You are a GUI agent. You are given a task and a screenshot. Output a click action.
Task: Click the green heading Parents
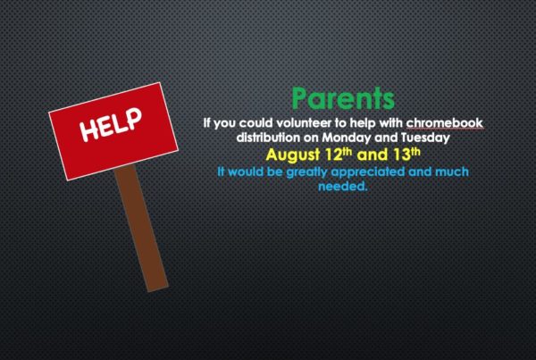tap(343, 98)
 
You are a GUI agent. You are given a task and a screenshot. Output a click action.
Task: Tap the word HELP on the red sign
tap(111, 125)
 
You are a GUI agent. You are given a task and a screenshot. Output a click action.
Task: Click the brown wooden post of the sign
tap(141, 229)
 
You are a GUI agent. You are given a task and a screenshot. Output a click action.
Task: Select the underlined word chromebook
tap(445, 122)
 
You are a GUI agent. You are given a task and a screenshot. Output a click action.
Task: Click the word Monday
tap(347, 138)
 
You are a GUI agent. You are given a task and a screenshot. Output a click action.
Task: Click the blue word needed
tap(343, 187)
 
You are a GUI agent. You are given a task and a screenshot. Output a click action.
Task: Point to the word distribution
tap(266, 138)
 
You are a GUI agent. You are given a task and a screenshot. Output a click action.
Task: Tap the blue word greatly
tap(307, 172)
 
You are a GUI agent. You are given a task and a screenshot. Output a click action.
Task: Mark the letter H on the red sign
tap(88, 132)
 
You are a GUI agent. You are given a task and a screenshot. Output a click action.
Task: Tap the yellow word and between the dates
tap(373, 155)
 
